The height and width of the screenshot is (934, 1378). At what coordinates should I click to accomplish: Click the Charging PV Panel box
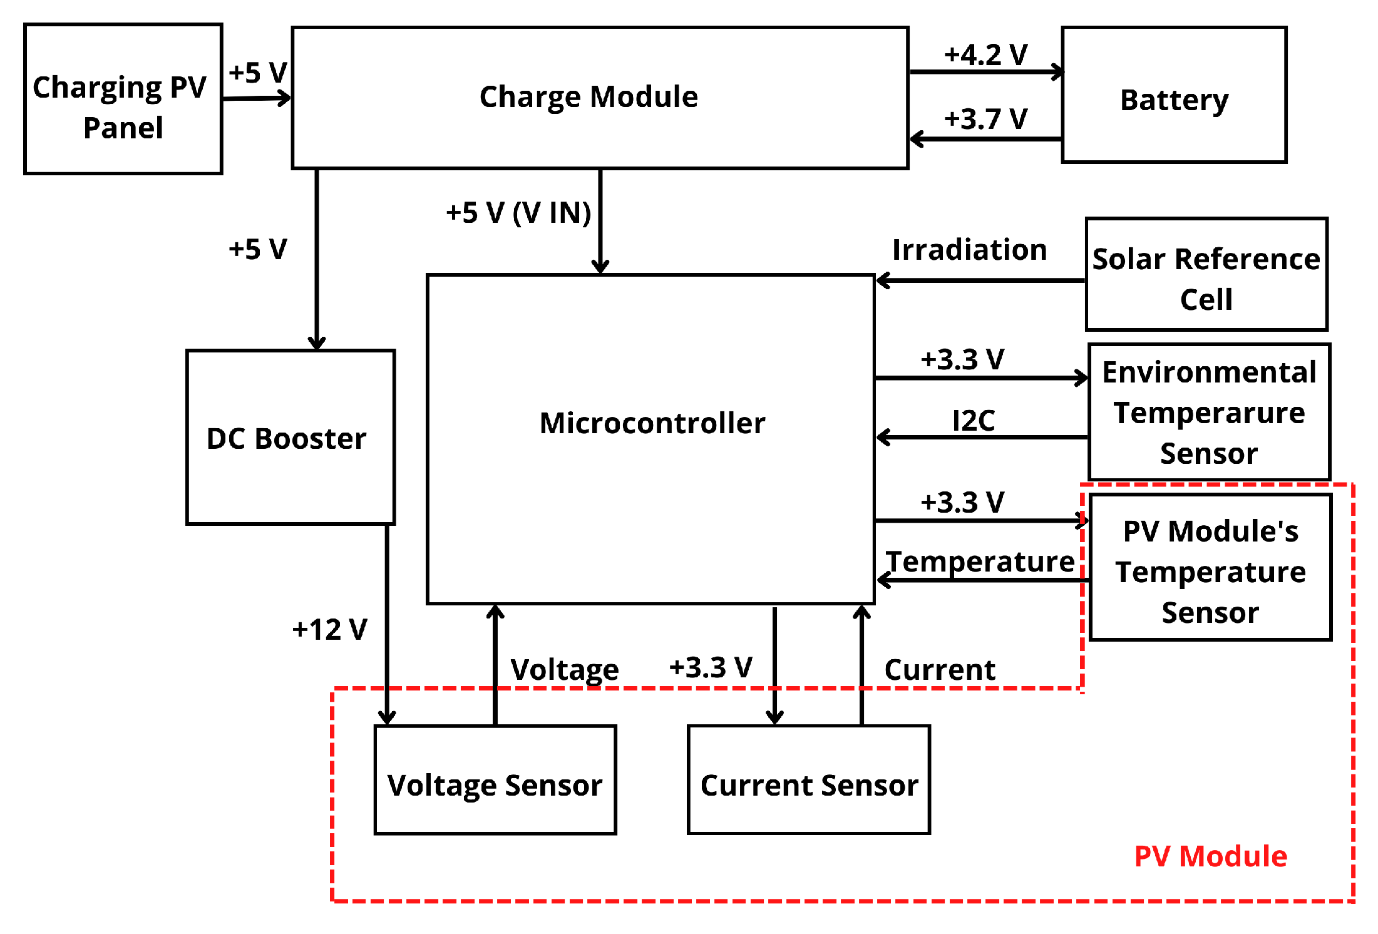click(x=123, y=99)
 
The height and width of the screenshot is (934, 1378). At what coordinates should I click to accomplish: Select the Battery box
click(x=1174, y=95)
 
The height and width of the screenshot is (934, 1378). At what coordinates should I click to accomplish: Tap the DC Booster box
click(x=290, y=437)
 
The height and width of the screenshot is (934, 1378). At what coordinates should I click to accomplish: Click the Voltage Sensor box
click(x=495, y=779)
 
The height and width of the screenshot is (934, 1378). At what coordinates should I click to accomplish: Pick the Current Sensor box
click(x=808, y=779)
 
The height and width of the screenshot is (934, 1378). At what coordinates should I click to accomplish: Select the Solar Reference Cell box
click(x=1206, y=274)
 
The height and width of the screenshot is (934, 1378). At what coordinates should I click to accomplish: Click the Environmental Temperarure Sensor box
click(x=1209, y=412)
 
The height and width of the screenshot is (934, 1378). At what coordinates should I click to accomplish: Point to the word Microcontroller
click(x=652, y=423)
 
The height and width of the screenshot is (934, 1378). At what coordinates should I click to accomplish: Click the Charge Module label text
click(x=589, y=97)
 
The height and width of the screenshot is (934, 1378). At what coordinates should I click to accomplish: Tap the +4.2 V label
click(x=985, y=55)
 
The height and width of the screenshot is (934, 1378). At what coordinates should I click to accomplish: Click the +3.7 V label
click(x=985, y=119)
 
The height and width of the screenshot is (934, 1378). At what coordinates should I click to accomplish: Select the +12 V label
click(x=329, y=629)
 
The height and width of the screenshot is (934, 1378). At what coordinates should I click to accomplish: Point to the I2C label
click(x=973, y=420)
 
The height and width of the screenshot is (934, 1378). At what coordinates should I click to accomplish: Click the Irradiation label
click(x=969, y=250)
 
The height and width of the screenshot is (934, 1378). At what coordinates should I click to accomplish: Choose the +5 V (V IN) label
click(x=518, y=213)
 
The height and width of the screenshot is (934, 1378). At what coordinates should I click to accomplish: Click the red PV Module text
click(x=1210, y=856)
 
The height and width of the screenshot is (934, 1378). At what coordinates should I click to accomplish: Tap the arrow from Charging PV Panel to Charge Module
click(x=257, y=98)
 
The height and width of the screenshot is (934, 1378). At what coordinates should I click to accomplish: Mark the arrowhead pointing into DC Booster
click(x=317, y=343)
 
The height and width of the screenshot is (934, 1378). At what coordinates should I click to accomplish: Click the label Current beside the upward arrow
click(x=939, y=670)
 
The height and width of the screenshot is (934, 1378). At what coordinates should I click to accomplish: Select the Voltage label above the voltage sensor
click(x=564, y=670)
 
